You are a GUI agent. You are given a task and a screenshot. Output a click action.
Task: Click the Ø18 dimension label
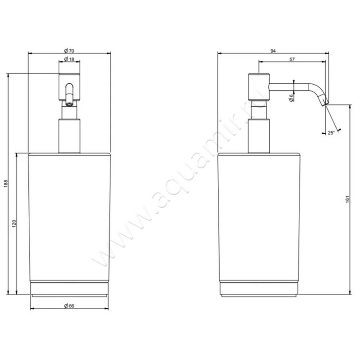click(x=69, y=59)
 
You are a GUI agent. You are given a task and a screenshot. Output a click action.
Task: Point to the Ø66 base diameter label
click(x=69, y=306)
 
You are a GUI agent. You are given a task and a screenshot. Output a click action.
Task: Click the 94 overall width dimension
click(x=273, y=51)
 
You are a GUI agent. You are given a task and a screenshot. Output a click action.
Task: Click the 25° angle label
click(x=331, y=133)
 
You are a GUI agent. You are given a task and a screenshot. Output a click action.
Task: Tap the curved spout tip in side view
click(x=323, y=99)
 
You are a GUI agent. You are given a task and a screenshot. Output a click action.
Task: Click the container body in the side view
click(x=258, y=216)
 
